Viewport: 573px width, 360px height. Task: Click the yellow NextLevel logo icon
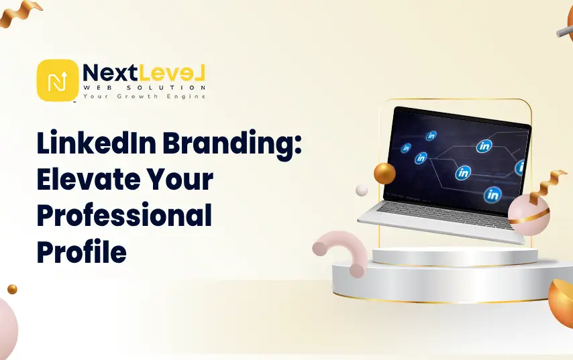[58, 80]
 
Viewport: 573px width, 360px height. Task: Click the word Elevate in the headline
[89, 179]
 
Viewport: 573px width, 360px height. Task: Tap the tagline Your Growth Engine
[144, 97]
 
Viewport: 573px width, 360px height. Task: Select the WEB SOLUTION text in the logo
[144, 88]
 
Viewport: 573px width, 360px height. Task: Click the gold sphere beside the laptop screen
[384, 174]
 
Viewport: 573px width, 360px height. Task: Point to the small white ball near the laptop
[362, 190]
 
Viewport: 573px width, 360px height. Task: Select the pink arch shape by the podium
[342, 247]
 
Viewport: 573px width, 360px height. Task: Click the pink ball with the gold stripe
[529, 215]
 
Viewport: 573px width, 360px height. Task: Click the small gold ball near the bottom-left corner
[13, 289]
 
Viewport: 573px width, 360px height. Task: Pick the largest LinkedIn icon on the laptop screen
[492, 194]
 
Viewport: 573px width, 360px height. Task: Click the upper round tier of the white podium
[455, 255]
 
